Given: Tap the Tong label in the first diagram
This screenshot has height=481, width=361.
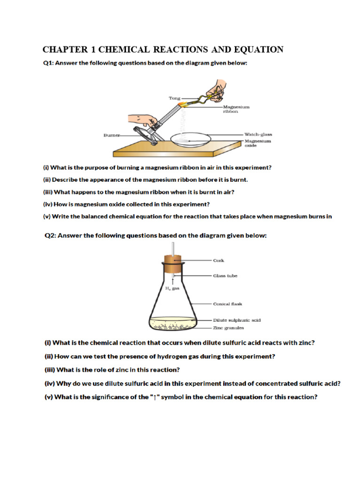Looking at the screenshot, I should coord(174,98).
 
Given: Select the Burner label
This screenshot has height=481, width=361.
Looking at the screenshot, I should coord(111,135).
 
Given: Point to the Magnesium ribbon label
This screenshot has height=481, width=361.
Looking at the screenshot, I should coord(236,109).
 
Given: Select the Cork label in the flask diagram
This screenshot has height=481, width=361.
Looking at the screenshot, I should coord(219,260).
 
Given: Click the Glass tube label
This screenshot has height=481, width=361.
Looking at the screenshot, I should coord(225,276).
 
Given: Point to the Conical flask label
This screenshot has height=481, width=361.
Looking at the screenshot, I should coord(228,303).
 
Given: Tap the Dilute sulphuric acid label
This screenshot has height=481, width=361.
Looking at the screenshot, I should coord(237,320).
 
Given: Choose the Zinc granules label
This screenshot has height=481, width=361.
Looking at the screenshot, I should coord(228,327).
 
